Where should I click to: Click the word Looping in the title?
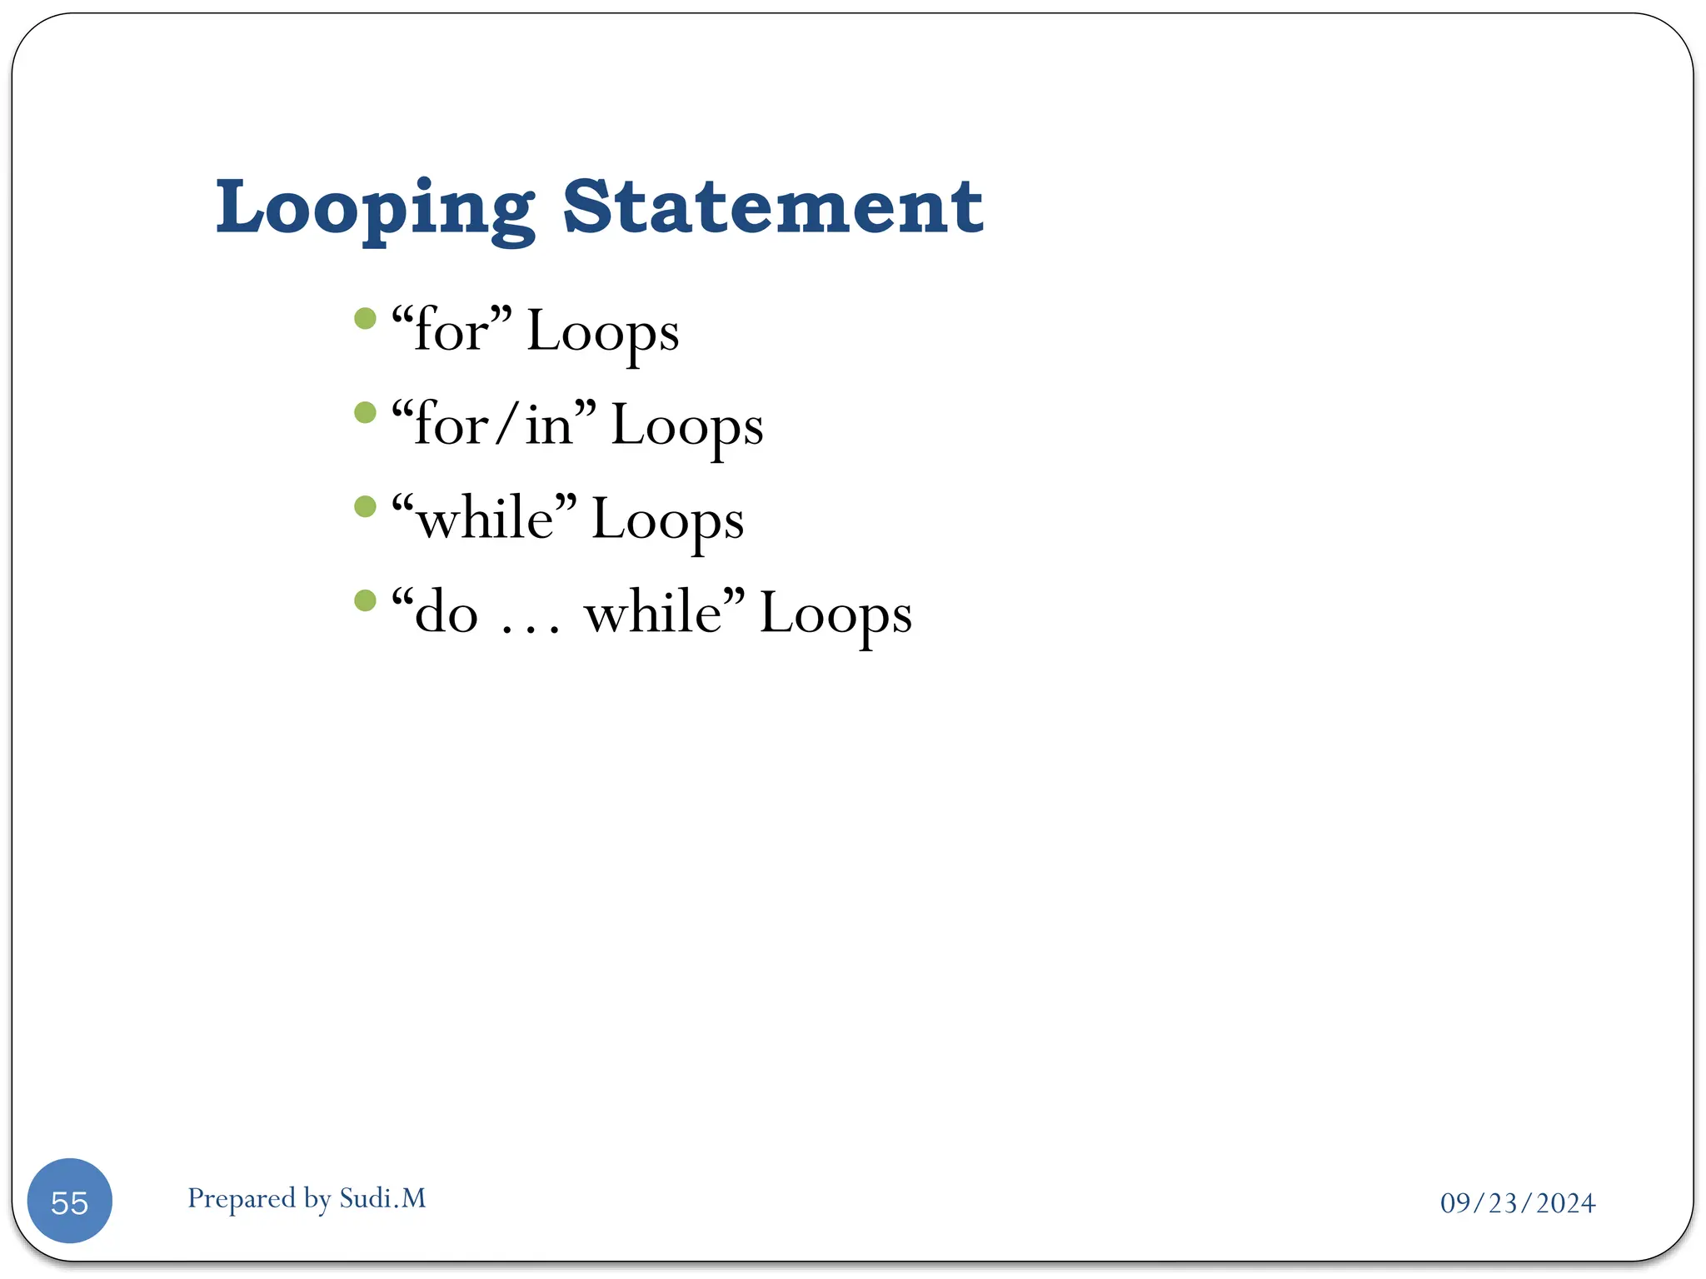click(x=375, y=208)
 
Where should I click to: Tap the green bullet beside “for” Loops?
click(x=365, y=319)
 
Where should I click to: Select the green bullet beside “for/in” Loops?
click(x=365, y=413)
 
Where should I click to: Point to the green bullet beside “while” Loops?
click(x=365, y=507)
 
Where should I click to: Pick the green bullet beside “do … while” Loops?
click(x=365, y=600)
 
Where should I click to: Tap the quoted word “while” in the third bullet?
click(x=484, y=519)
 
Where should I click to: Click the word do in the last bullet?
click(x=446, y=614)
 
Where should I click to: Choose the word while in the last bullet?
click(x=654, y=614)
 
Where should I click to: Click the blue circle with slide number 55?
click(x=70, y=1202)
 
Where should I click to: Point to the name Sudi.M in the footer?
click(x=383, y=1198)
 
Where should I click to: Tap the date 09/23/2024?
click(x=1518, y=1203)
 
